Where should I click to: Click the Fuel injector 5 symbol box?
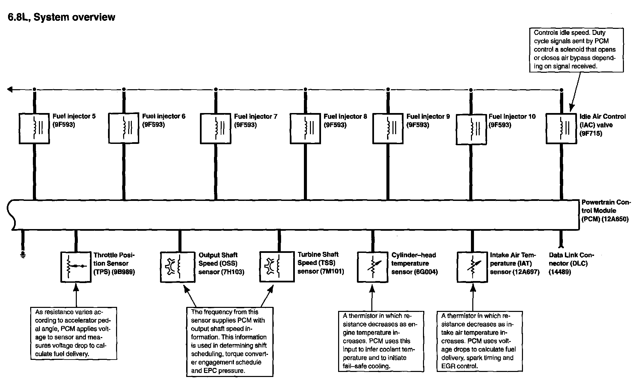coord(34,129)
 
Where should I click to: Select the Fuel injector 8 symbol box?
coord(305,129)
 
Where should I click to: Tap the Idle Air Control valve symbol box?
coord(561,129)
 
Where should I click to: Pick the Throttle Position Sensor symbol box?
coord(76,267)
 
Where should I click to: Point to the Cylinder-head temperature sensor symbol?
coord(372,267)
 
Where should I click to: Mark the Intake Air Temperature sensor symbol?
coord(472,267)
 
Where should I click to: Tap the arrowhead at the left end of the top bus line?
coord(10,90)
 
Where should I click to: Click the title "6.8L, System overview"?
coord(61,17)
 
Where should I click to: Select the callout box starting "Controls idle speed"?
coord(576,50)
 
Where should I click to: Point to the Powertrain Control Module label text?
coord(605,211)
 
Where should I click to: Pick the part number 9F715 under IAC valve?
coord(591,133)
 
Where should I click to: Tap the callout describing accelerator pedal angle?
coord(73,333)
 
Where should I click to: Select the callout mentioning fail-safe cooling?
coord(381,341)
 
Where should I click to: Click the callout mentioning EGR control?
coord(480,341)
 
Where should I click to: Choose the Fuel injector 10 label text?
coord(512,116)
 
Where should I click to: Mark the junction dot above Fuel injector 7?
coord(216,90)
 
